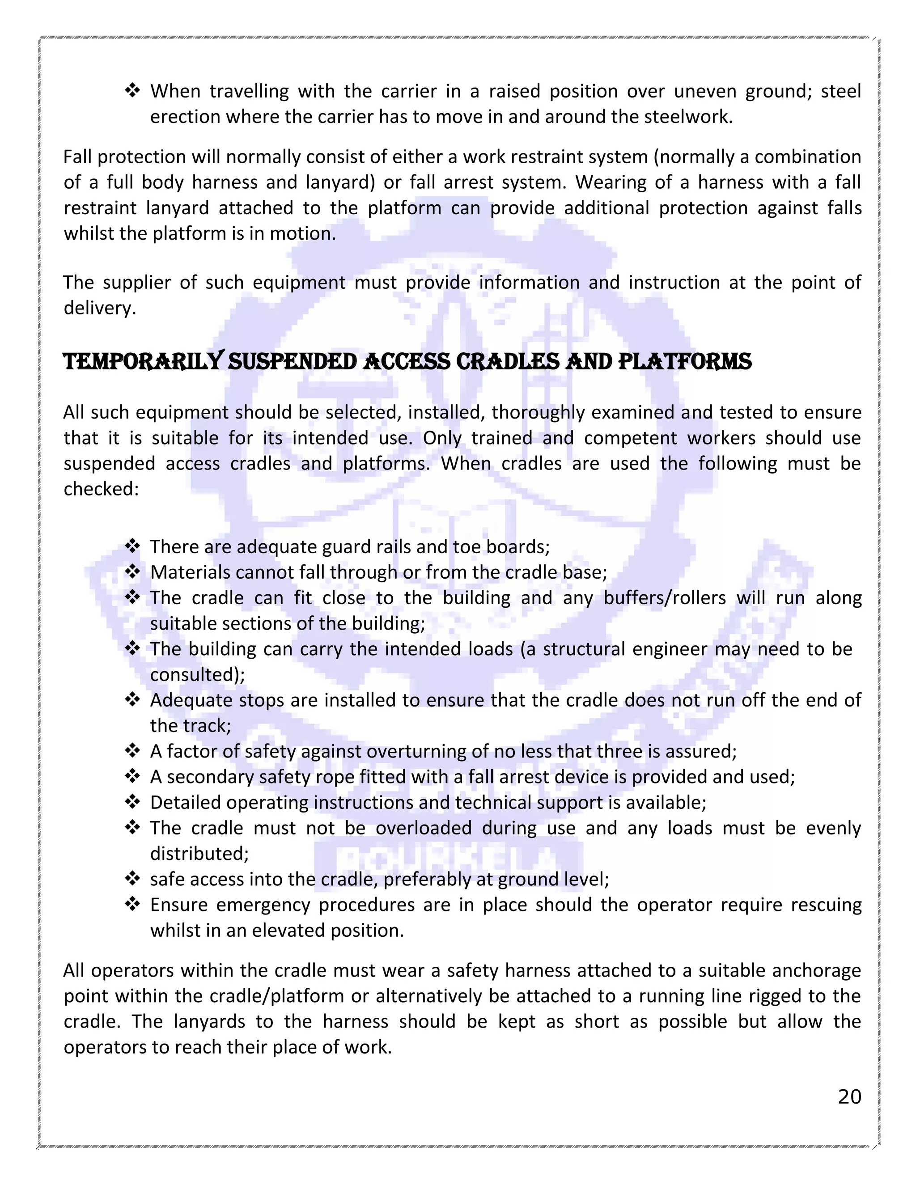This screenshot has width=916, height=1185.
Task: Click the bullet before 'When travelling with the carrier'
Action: (x=132, y=91)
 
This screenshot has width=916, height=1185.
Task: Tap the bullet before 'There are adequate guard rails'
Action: (x=132, y=546)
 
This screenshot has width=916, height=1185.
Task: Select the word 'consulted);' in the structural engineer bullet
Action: (x=198, y=674)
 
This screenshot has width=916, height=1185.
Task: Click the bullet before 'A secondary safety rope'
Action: (x=132, y=776)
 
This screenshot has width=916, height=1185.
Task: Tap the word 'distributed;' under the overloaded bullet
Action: (x=199, y=854)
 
